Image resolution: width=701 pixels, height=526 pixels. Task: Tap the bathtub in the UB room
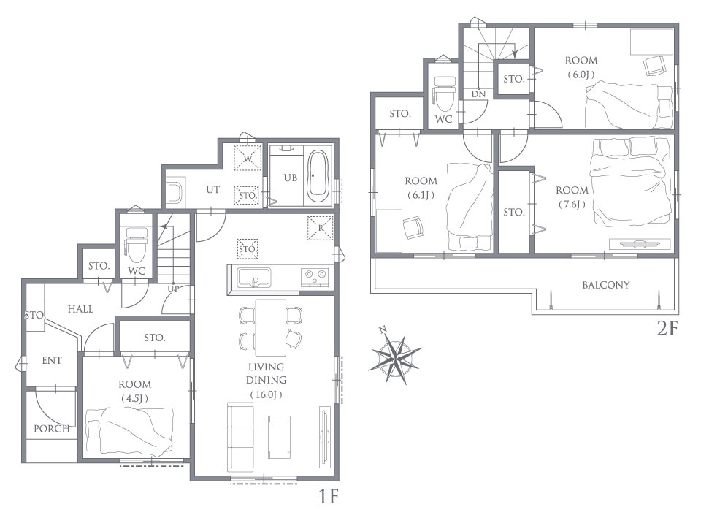pyautogui.click(x=318, y=175)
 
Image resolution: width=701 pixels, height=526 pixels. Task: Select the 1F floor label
pyautogui.click(x=329, y=497)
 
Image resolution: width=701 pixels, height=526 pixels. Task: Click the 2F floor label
pyautogui.click(x=667, y=329)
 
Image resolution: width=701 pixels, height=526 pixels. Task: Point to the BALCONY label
pyautogui.click(x=606, y=285)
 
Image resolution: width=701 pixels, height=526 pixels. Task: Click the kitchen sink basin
pyautogui.click(x=254, y=278)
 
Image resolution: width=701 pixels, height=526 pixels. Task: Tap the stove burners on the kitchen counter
pyautogui.click(x=314, y=276)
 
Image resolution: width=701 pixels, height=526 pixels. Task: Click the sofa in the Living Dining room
pyautogui.click(x=240, y=437)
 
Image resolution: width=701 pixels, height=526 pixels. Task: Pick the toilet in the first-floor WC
pyautogui.click(x=136, y=245)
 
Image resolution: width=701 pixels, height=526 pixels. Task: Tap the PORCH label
pyautogui.click(x=52, y=429)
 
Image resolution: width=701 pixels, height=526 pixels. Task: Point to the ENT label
pyautogui.click(x=52, y=360)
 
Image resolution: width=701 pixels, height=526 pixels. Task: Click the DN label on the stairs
pyautogui.click(x=478, y=94)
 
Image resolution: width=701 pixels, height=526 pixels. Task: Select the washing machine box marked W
pyautogui.click(x=248, y=158)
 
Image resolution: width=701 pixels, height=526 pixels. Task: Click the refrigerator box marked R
pyautogui.click(x=320, y=228)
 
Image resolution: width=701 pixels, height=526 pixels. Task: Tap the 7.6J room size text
pyautogui.click(x=572, y=205)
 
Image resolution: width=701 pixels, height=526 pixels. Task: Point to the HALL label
pyautogui.click(x=80, y=309)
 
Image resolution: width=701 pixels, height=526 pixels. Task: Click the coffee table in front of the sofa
pyautogui.click(x=280, y=437)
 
